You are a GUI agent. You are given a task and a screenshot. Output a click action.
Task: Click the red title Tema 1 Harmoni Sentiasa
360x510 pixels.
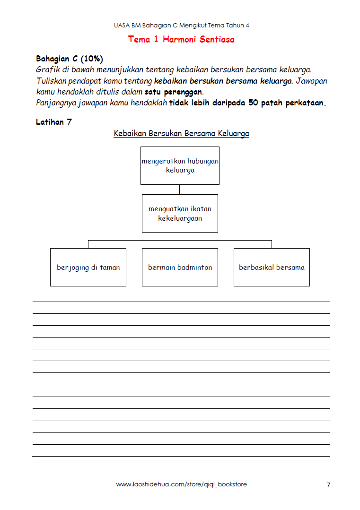tap(181, 39)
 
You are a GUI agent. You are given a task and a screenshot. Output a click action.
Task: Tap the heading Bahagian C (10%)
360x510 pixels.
tap(70, 59)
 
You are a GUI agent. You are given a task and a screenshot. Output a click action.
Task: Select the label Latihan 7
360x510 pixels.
tap(54, 122)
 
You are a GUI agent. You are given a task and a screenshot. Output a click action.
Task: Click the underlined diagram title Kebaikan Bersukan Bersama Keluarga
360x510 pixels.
tap(181, 133)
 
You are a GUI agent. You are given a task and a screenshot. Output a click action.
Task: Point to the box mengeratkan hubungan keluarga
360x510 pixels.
tap(180, 165)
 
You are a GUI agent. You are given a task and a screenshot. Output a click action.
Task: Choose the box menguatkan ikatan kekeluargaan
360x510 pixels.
tap(180, 213)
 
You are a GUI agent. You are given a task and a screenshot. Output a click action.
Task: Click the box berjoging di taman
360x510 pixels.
tap(88, 267)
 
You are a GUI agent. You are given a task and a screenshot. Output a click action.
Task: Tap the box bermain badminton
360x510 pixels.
tap(180, 267)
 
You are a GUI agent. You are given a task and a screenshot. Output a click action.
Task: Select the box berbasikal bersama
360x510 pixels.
tap(272, 267)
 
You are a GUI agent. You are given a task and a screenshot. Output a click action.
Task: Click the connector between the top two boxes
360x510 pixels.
tap(180, 189)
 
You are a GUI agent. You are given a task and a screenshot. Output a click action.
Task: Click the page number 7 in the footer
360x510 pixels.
tap(328, 484)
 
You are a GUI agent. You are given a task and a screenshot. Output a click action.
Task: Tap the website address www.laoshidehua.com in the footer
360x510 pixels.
tap(181, 484)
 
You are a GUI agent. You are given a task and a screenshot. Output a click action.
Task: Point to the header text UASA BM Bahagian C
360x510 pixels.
tap(181, 25)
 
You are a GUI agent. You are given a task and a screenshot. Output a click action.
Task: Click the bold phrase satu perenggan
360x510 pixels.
tap(173, 92)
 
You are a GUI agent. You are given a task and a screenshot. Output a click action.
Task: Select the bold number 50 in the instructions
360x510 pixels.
tap(253, 103)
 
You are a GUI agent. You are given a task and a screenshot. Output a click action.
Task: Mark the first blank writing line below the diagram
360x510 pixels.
tap(181, 302)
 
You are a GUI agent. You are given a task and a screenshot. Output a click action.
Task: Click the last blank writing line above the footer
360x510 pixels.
tap(181, 456)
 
